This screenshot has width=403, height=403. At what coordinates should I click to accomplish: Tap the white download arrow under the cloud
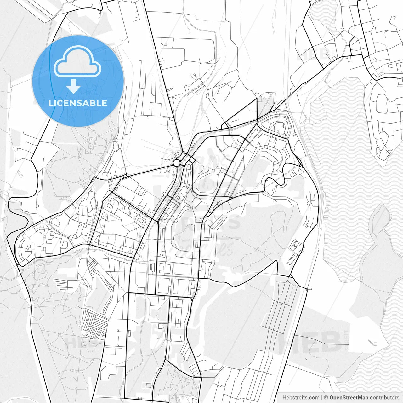(74, 87)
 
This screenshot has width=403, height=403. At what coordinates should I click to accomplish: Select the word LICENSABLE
(78, 103)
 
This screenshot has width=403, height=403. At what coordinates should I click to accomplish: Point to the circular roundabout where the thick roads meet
(177, 162)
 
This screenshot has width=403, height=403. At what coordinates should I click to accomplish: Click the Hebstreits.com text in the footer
(301, 398)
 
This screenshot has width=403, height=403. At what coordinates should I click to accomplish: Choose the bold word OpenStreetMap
(349, 398)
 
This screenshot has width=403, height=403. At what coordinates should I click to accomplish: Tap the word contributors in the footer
(384, 398)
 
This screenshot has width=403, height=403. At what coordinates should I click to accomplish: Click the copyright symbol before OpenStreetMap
(326, 398)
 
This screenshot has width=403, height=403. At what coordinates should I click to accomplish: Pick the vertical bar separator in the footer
(322, 398)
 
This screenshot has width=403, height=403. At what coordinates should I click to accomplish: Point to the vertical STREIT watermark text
(347, 340)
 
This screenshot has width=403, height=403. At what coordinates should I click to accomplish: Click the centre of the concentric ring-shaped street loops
(279, 128)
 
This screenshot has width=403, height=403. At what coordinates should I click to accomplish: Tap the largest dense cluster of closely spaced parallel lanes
(95, 324)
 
